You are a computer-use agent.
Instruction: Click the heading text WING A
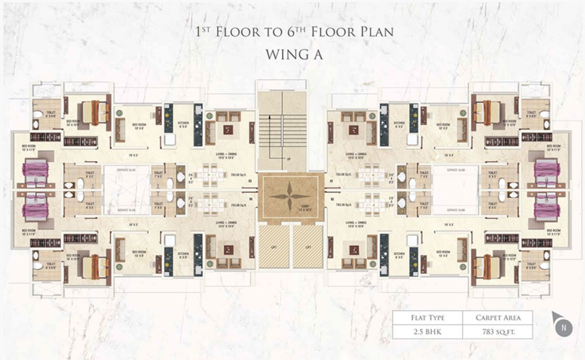pos(294,54)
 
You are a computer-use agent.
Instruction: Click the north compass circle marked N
pos(564,328)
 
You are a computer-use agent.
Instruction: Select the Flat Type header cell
pos(427,318)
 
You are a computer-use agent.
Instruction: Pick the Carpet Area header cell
pos(498,318)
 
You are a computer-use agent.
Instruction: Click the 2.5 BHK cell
pos(427,332)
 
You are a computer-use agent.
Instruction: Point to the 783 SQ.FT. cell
pos(498,332)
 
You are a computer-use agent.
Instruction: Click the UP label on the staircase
pos(288,159)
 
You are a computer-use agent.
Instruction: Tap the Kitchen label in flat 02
pos(399,253)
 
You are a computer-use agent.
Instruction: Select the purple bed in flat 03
pos(35,170)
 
